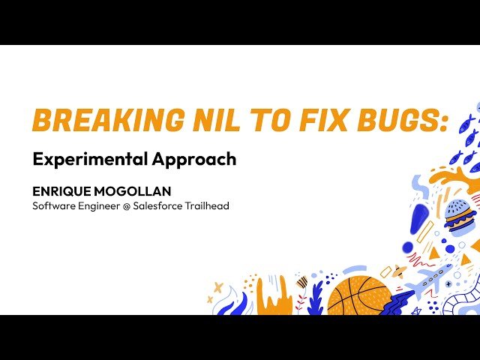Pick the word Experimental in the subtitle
90,159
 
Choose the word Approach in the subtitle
194,159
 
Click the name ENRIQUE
61,191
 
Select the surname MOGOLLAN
132,191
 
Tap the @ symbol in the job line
127,206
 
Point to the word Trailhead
207,205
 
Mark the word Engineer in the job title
98,206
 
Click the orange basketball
359,295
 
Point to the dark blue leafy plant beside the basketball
315,298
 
